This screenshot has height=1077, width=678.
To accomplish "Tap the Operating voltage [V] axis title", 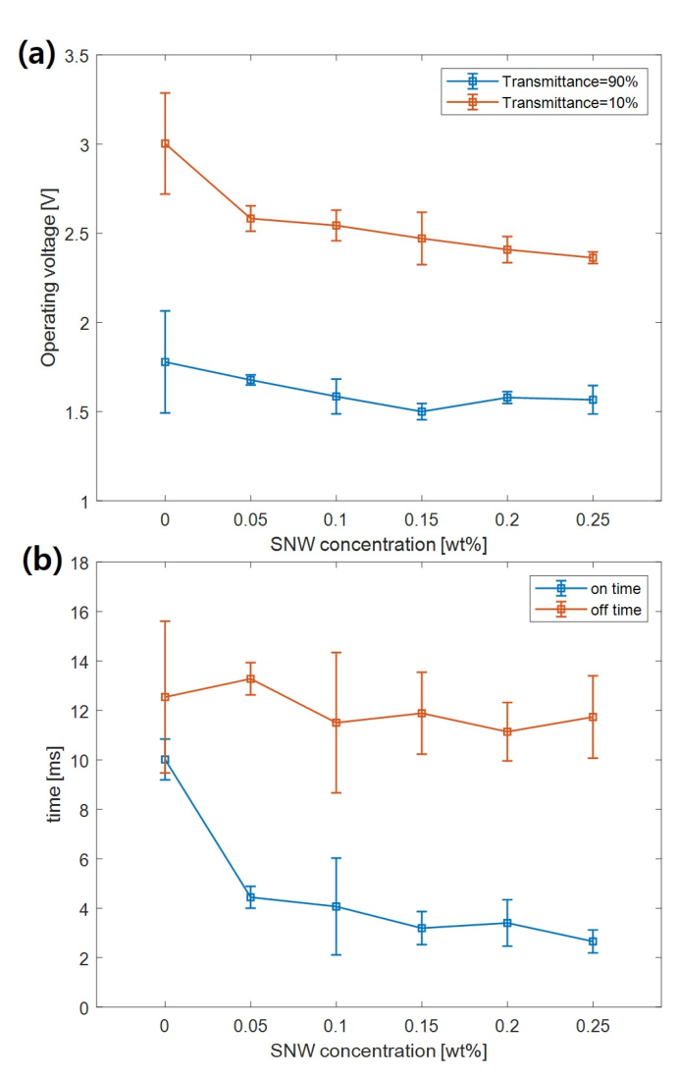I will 49,278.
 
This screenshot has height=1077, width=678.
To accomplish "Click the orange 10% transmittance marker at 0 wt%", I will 165,143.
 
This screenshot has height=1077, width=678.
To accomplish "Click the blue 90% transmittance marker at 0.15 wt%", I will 422,412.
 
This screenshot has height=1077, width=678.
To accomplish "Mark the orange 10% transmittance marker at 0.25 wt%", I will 593,258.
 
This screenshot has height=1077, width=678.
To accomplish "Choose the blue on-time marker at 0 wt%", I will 165,760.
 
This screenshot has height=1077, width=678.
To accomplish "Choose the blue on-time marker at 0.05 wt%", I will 250,896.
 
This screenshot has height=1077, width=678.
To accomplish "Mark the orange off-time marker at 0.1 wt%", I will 336,723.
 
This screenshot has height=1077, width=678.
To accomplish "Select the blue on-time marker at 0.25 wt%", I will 593,942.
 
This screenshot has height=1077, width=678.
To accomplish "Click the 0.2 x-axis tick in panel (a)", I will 507,519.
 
